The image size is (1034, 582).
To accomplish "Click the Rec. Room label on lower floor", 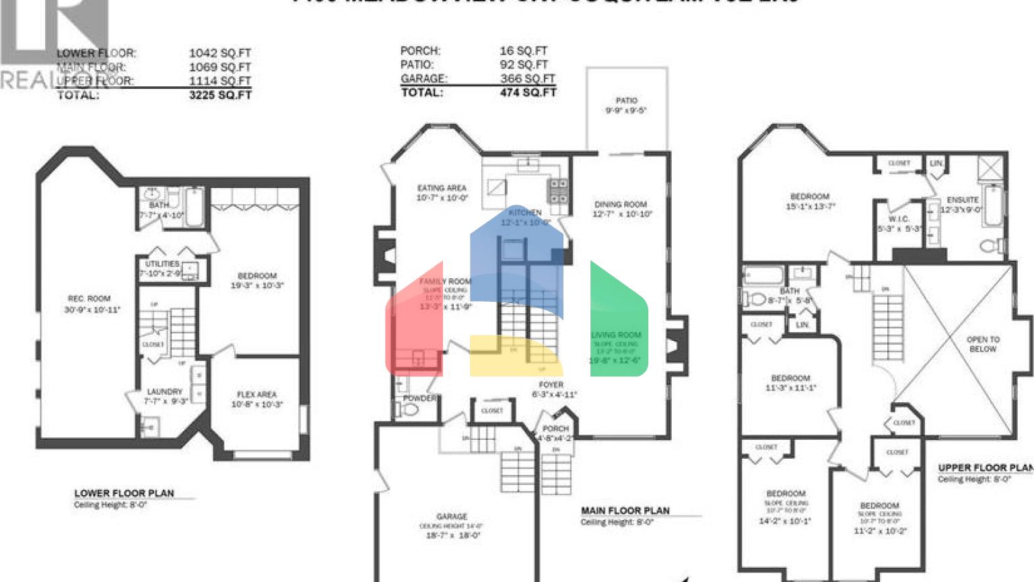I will (89, 298).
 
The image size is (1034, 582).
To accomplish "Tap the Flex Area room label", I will (256, 395).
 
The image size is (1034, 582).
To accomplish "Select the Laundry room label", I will (165, 391).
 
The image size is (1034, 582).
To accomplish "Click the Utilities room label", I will (162, 264).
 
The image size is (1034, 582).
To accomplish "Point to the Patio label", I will (626, 100).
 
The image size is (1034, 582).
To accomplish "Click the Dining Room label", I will (620, 204).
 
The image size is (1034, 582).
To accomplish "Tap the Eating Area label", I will (442, 189).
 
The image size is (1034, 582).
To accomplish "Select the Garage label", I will (452, 517).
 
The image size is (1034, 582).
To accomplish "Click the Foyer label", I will (551, 385).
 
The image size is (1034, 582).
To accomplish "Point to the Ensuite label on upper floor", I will (963, 200).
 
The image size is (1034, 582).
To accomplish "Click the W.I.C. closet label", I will (899, 219).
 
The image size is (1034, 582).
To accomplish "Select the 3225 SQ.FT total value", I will (220, 95).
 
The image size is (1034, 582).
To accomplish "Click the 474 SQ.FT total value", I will (528, 92).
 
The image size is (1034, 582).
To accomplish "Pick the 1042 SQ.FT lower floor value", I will (219, 53).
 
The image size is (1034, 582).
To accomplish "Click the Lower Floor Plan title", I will (124, 493).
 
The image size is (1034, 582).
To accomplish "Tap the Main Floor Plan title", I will (625, 511).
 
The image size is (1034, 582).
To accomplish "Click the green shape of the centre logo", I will (618, 317).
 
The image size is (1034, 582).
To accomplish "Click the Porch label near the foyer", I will (555, 428).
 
